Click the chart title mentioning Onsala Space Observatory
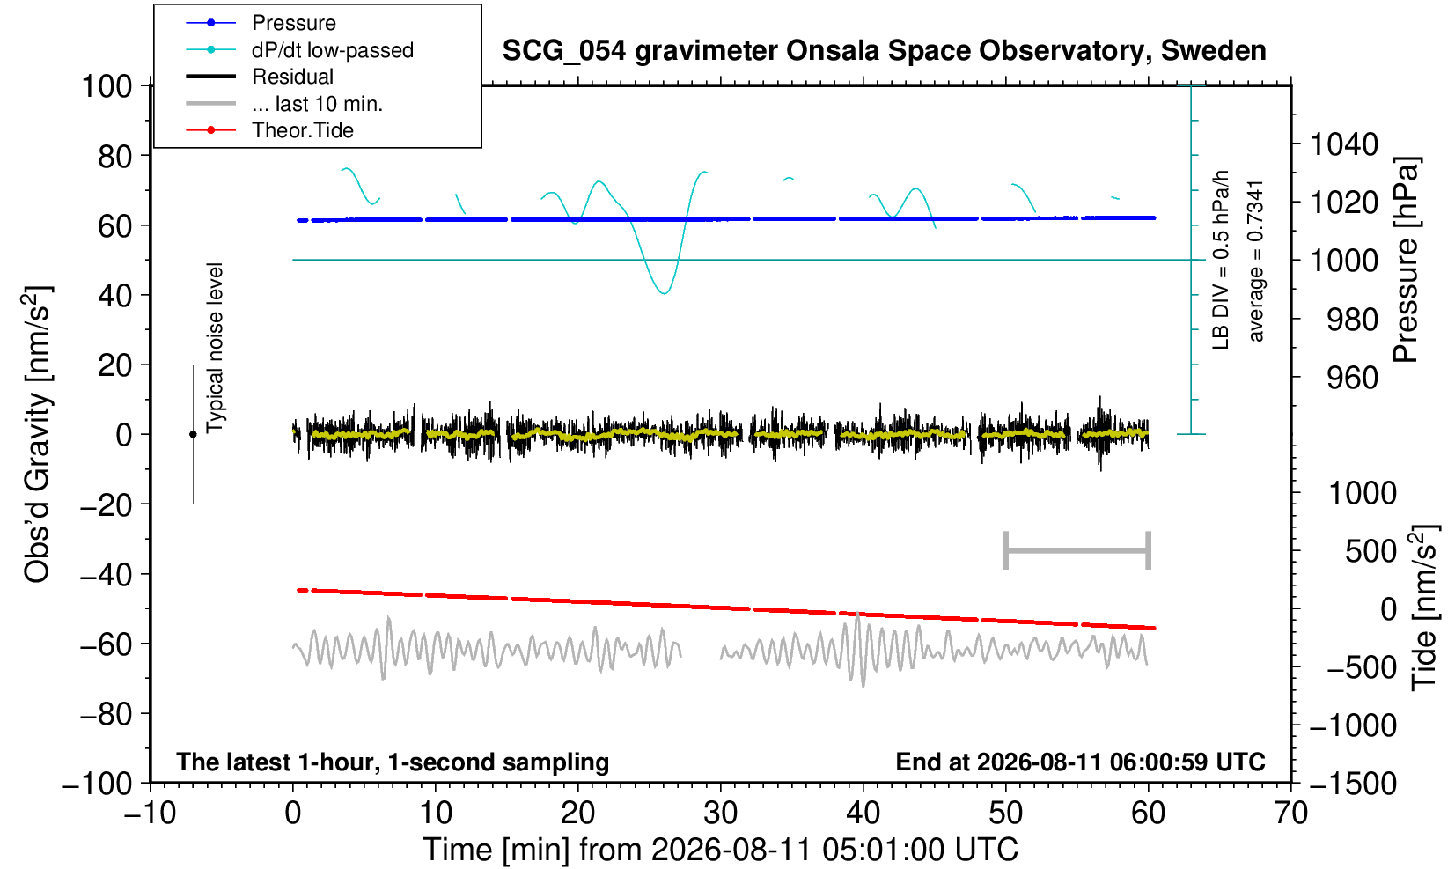point(884,51)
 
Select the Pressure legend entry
point(261,24)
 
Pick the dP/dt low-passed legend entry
point(299,50)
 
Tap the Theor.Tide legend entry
point(269,130)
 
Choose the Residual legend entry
point(260,77)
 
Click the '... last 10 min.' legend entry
point(283,104)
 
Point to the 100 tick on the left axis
point(107,86)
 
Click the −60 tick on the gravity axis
point(107,644)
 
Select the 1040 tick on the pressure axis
point(1344,144)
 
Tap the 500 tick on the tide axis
point(1370,551)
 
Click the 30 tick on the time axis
point(720,814)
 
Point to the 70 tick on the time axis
point(1290,814)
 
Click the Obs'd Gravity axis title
point(38,434)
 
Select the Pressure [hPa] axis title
point(1407,260)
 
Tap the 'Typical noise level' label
point(215,348)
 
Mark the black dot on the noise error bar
point(193,434)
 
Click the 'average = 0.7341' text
point(1256,261)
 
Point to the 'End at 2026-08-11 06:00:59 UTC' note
point(1080,762)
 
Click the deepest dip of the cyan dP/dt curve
point(664,293)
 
